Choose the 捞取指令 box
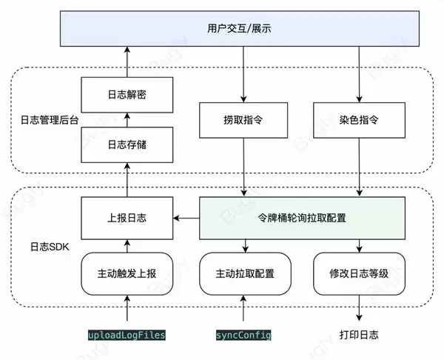pyautogui.click(x=243, y=119)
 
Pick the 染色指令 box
pyautogui.click(x=359, y=119)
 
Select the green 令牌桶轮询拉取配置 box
pyautogui.click(x=303, y=218)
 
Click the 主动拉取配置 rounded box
pyautogui.click(x=243, y=273)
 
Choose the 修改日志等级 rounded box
pyautogui.click(x=359, y=273)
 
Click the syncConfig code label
pyautogui.click(x=243, y=335)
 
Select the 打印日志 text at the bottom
pyautogui.click(x=359, y=335)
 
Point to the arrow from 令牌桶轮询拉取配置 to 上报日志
pyautogui.click(x=186, y=218)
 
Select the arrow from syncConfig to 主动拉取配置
pyautogui.click(x=243, y=310)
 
